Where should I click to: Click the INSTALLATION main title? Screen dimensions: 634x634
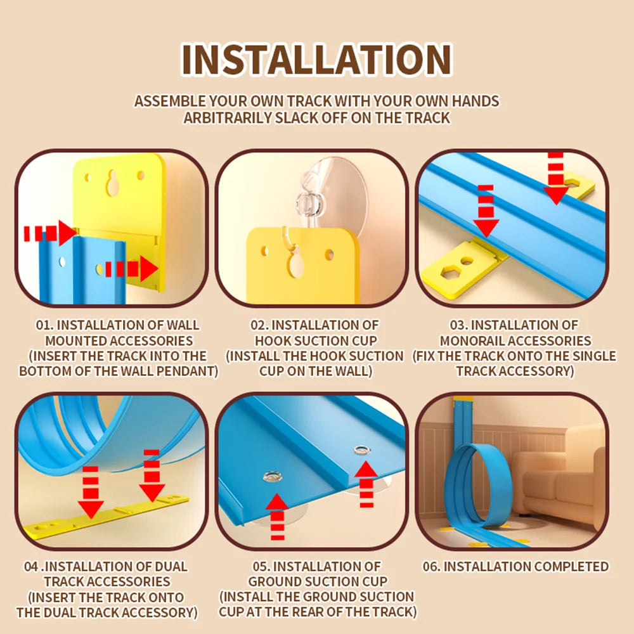tap(316, 59)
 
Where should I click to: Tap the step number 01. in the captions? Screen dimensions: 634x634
tap(44, 325)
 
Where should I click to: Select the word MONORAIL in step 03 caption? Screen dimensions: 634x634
tap(469, 341)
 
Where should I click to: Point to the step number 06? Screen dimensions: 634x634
tap(431, 566)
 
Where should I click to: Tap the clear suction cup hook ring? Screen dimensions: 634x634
tap(309, 203)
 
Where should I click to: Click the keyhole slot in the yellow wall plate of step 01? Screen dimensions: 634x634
tap(112, 182)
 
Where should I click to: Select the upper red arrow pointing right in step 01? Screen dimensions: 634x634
tap(49, 233)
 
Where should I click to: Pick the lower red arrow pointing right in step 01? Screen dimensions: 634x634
tap(131, 268)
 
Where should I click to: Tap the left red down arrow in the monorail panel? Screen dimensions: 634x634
tap(486, 211)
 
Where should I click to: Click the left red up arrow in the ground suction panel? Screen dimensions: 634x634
tap(278, 516)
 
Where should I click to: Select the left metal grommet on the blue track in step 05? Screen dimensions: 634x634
tap(272, 476)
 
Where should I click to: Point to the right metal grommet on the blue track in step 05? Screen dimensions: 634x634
tap(361, 450)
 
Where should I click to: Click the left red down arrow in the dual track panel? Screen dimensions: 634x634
tap(91, 492)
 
